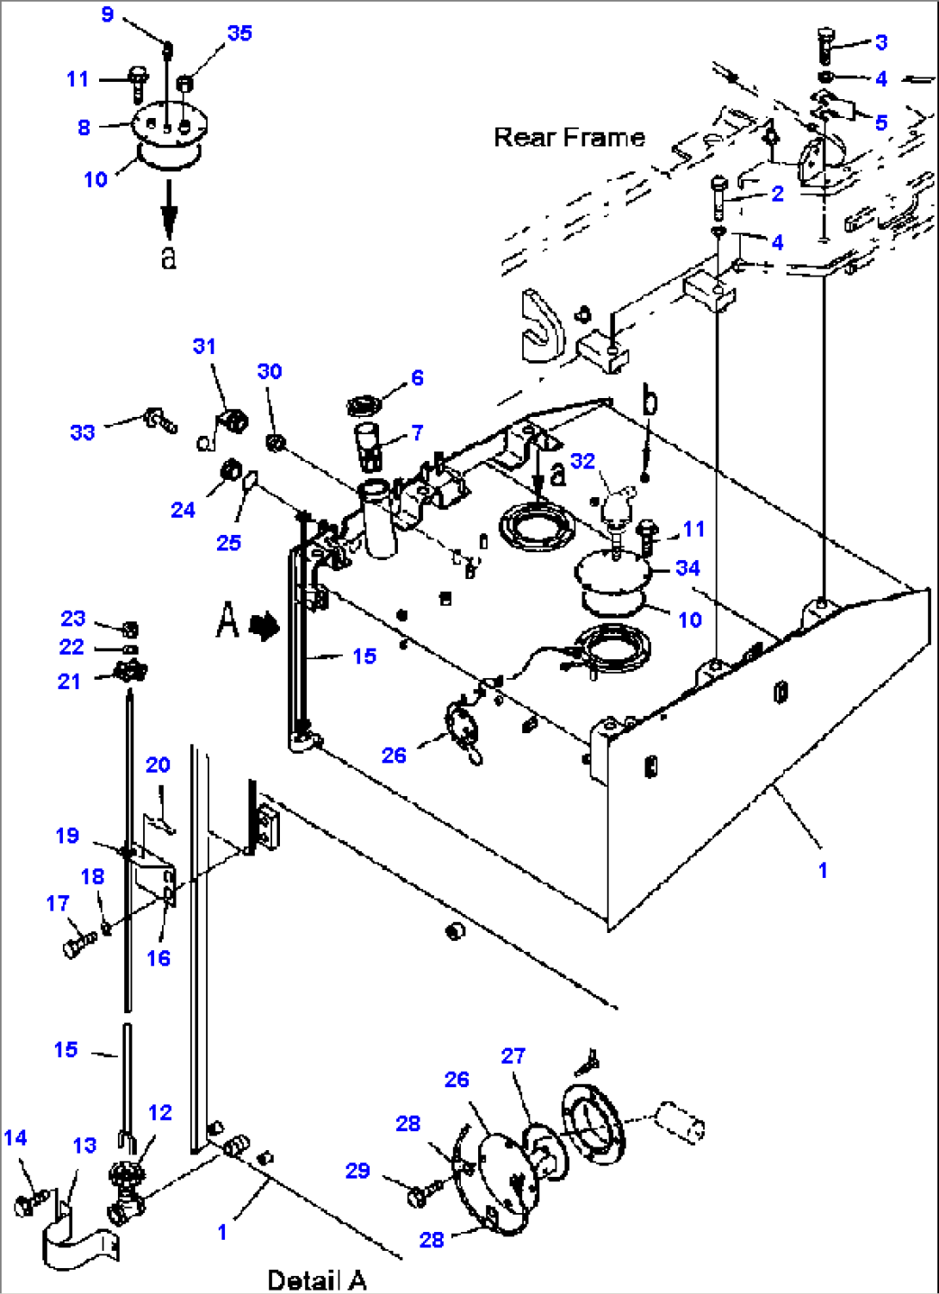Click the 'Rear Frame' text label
[x=569, y=137]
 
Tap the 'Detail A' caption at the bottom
[x=316, y=1279]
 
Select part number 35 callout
[x=239, y=33]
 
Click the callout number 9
[x=107, y=15]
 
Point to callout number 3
[x=880, y=42]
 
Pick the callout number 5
[x=880, y=122]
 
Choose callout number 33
[x=83, y=432]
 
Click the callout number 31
[x=204, y=346]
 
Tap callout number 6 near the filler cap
[x=417, y=377]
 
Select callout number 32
[x=582, y=461]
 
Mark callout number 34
[x=687, y=568]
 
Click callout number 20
[x=158, y=764]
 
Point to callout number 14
[x=16, y=1138]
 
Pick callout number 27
[x=513, y=1055]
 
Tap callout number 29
[x=358, y=1171]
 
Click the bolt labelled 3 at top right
[x=824, y=44]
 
